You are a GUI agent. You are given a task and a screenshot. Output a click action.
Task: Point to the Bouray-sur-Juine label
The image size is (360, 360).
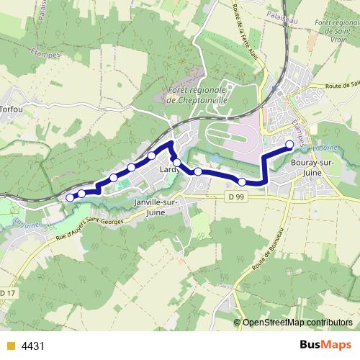click(312, 168)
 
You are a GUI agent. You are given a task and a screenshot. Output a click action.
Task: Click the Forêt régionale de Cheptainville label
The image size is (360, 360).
click(197, 95)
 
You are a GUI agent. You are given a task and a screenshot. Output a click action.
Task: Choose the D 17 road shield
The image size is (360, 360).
click(6, 293)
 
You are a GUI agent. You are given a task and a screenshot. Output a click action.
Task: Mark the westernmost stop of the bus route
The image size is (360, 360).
click(70, 197)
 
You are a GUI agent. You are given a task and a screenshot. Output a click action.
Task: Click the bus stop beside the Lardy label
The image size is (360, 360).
click(177, 163)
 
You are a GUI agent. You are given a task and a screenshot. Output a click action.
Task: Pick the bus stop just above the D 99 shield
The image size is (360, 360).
click(243, 181)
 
